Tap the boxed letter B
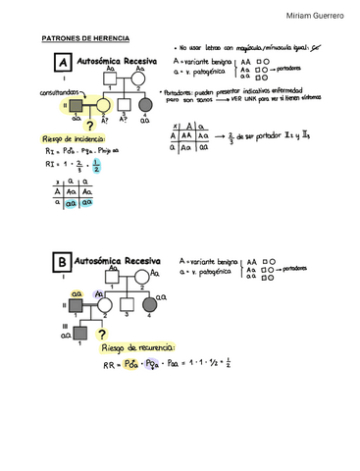click(x=63, y=264)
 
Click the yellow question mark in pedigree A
click(x=117, y=127)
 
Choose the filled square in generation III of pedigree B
click(x=79, y=334)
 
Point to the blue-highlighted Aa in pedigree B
click(x=98, y=292)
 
